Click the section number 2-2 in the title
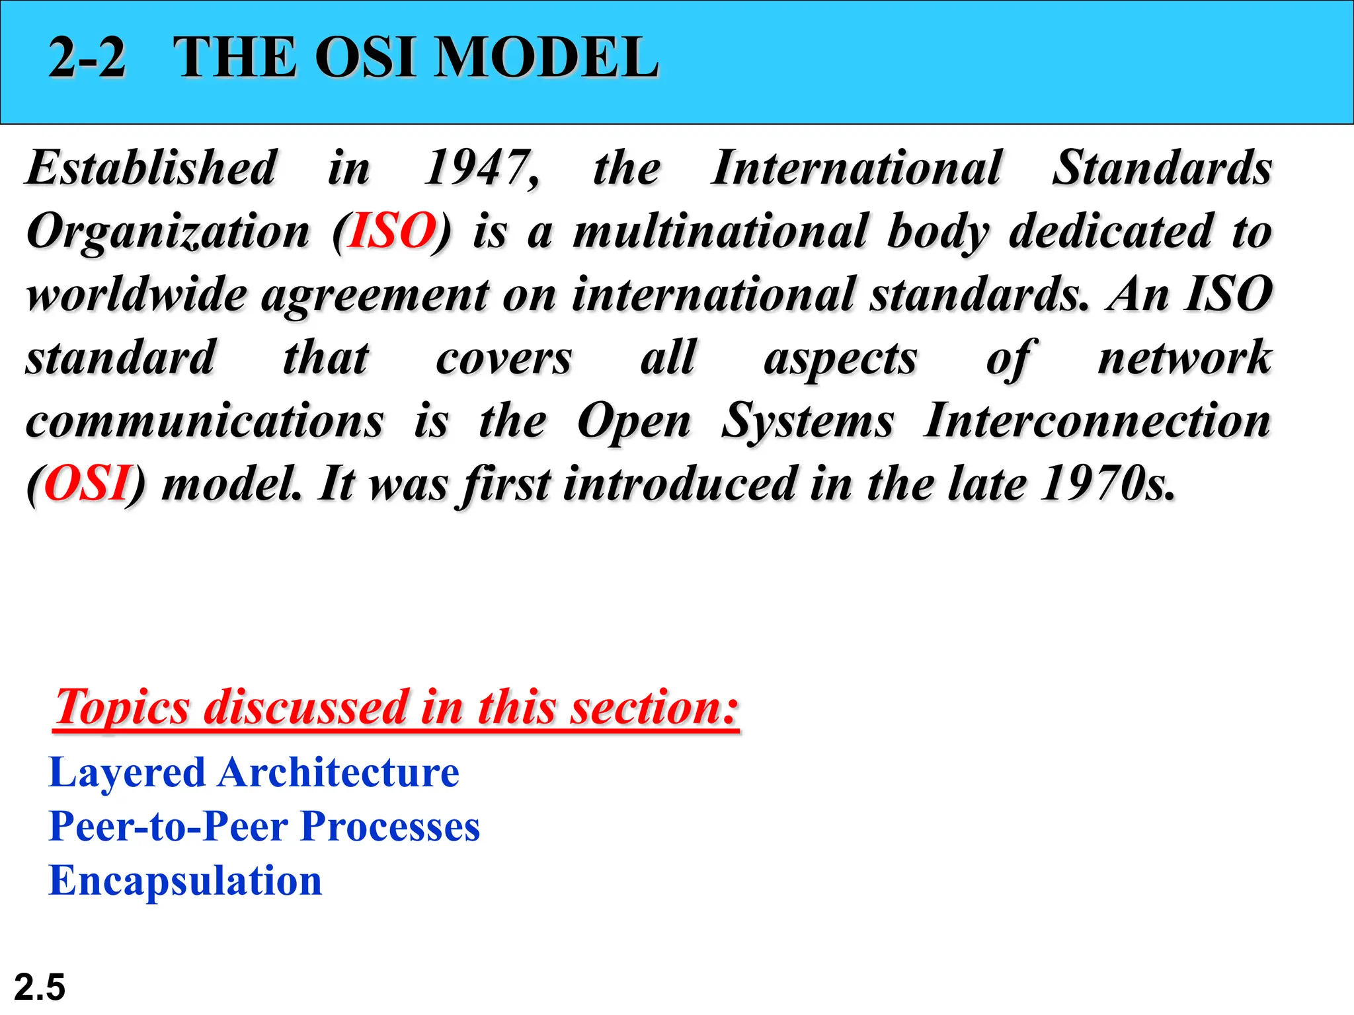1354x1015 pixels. pos(87,57)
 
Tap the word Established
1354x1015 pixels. pos(151,168)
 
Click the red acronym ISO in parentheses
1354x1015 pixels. pos(392,231)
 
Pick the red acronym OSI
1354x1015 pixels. pos(85,484)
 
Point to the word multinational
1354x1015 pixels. pos(720,231)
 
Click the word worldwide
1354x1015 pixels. pos(136,294)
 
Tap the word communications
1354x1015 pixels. pos(204,421)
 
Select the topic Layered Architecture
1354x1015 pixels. pos(254,772)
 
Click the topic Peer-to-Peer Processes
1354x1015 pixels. pos(264,826)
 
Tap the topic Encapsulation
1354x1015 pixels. pos(185,881)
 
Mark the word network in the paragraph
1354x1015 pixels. pos(1184,357)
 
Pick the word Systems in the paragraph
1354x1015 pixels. pos(807,421)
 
